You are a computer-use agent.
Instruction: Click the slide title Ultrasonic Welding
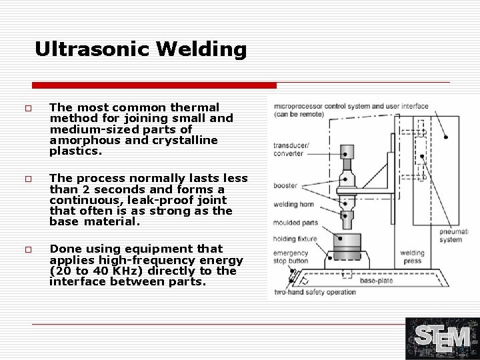point(141,50)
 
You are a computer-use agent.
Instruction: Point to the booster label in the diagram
point(285,185)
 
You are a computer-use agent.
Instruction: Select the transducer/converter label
point(288,149)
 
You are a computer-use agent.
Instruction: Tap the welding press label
point(413,257)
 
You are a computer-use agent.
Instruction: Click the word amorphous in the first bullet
point(83,139)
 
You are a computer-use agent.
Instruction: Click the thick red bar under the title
point(154,85)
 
